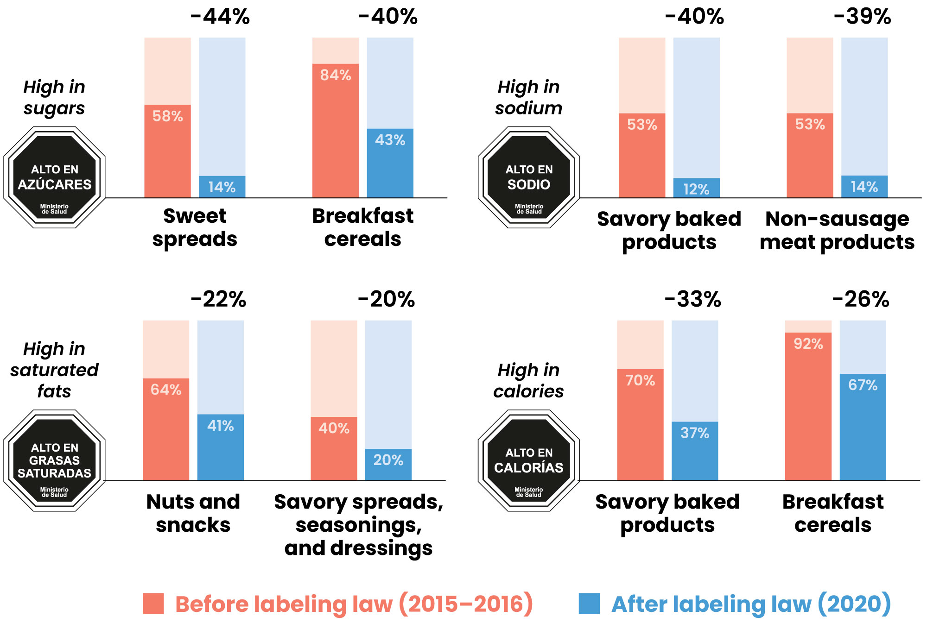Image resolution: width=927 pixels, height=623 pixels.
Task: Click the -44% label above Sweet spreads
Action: pos(220,17)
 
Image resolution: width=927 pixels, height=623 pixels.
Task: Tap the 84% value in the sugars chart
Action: pos(336,75)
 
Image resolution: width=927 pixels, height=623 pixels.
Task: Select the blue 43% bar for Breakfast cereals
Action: pos(390,163)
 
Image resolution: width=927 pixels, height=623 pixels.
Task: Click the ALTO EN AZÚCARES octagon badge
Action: pos(55,177)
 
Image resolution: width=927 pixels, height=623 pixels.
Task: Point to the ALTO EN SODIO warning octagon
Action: pos(529,177)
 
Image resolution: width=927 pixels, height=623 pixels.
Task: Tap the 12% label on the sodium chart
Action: pos(696,189)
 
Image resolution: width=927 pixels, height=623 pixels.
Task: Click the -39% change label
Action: pos(862,17)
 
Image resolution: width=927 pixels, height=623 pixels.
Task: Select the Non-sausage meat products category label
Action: pos(837,230)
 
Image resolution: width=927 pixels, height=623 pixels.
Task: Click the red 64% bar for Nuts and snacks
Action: pos(166,429)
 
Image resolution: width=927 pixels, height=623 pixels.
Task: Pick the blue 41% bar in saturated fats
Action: pos(221,447)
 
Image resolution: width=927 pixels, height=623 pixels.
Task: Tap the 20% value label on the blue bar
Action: pos(388,460)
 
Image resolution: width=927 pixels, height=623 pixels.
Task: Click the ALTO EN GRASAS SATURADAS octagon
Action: pos(55,460)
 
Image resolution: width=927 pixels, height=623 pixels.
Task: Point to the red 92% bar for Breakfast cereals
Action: pos(808,406)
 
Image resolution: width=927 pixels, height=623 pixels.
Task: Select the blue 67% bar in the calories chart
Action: pos(863,427)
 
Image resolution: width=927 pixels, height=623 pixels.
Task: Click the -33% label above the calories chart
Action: pos(693,299)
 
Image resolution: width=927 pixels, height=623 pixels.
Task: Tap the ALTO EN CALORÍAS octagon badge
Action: pos(529,460)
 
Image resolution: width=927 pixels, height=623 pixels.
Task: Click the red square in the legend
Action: pos(153,604)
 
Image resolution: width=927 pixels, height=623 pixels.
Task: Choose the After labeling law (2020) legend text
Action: pos(751,604)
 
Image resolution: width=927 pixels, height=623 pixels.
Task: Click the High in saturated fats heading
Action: pos(55,370)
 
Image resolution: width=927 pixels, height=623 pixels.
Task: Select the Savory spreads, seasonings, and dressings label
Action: pos(359,524)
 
